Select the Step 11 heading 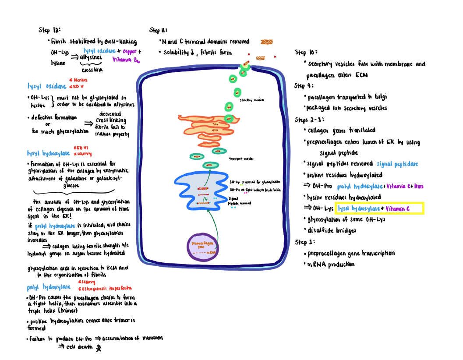pos(158,30)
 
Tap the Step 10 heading pos(303,53)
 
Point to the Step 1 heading pos(304,242)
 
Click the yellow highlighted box pos(379,208)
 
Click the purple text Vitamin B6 pos(126,60)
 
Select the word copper pos(126,51)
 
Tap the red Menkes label pos(79,80)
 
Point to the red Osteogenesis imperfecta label pos(105,288)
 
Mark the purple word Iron pos(418,186)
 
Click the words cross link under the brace pos(92,70)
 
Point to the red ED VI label pos(81,148)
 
